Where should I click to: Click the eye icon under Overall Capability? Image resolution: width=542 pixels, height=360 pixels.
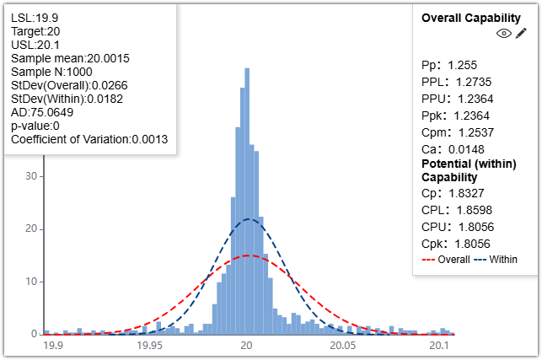pos(504,33)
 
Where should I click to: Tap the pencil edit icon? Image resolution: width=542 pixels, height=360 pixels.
pos(521,33)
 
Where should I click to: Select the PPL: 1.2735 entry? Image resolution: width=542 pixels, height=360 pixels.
pos(456,82)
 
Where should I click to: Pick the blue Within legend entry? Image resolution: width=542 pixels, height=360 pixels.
pos(495,259)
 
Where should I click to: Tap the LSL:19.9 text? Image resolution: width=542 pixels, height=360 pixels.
pos(30,16)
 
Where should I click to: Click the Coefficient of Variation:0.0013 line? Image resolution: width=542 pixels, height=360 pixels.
pos(89,139)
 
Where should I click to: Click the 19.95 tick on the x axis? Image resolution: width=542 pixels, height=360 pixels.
pos(150,345)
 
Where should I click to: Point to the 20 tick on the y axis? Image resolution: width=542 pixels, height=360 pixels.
pos(30,229)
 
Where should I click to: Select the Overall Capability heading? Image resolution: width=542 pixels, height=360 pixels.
pos(469,17)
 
